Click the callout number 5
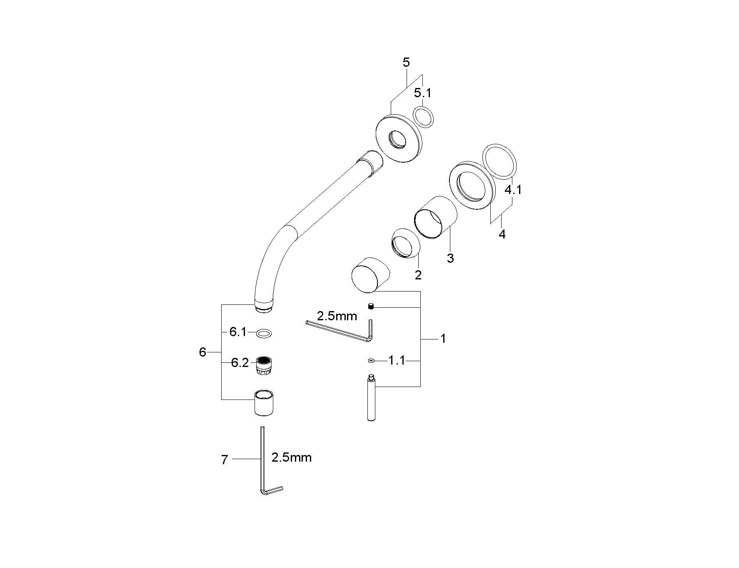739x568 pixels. pyautogui.click(x=406, y=63)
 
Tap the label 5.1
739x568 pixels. pyautogui.click(x=422, y=93)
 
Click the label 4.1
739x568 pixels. pyautogui.click(x=513, y=190)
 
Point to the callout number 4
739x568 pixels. pyautogui.click(x=502, y=234)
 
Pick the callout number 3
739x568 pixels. pyautogui.click(x=450, y=258)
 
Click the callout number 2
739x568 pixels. pyautogui.click(x=418, y=275)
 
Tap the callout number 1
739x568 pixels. pyautogui.click(x=443, y=339)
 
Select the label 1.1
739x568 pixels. pyautogui.click(x=397, y=360)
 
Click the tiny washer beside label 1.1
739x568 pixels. pyautogui.click(x=371, y=361)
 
